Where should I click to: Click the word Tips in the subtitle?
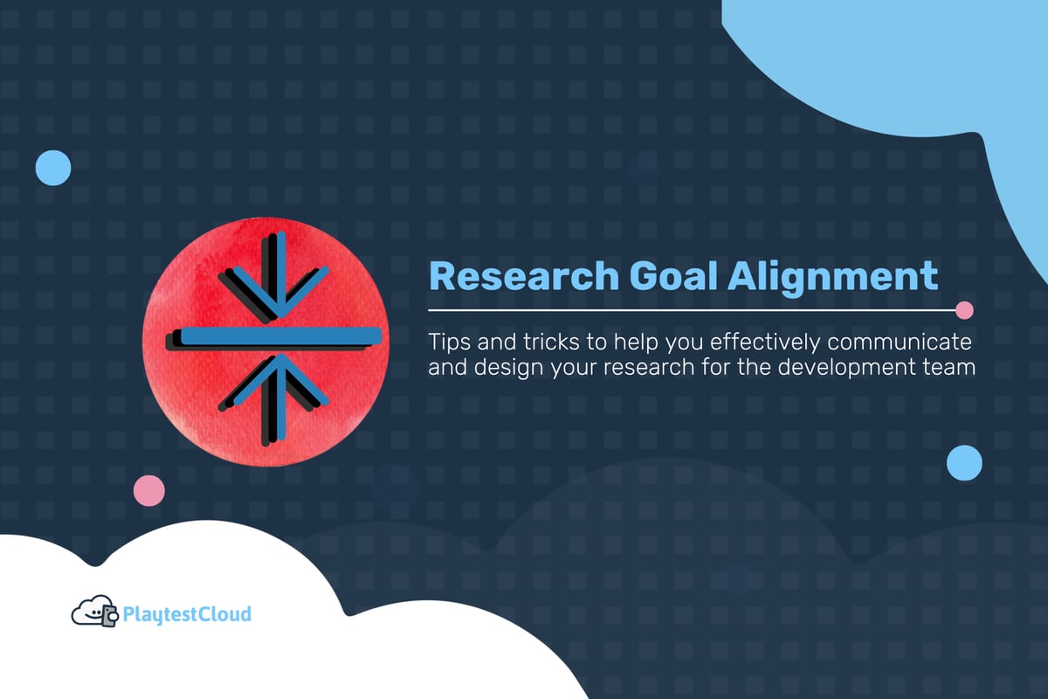pyautogui.click(x=446, y=338)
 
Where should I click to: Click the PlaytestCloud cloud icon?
pyautogui.click(x=93, y=612)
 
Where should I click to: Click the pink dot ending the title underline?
pyautogui.click(x=964, y=309)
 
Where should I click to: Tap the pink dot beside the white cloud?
pyautogui.click(x=148, y=491)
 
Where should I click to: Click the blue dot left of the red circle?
pyautogui.click(x=53, y=167)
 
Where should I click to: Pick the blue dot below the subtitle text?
pyautogui.click(x=964, y=462)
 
